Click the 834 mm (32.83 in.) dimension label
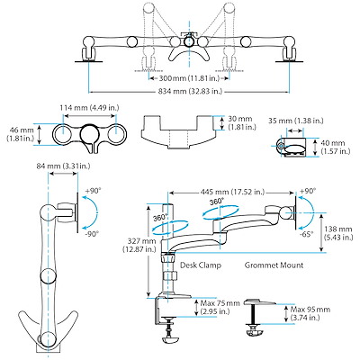coord(190,91)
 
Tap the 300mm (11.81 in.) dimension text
coord(189,78)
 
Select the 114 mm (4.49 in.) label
coord(89,107)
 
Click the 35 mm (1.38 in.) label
coord(296,121)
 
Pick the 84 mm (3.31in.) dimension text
coord(63,166)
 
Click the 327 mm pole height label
coord(139,245)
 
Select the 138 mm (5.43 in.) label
coord(339,233)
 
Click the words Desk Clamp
coord(201,265)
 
